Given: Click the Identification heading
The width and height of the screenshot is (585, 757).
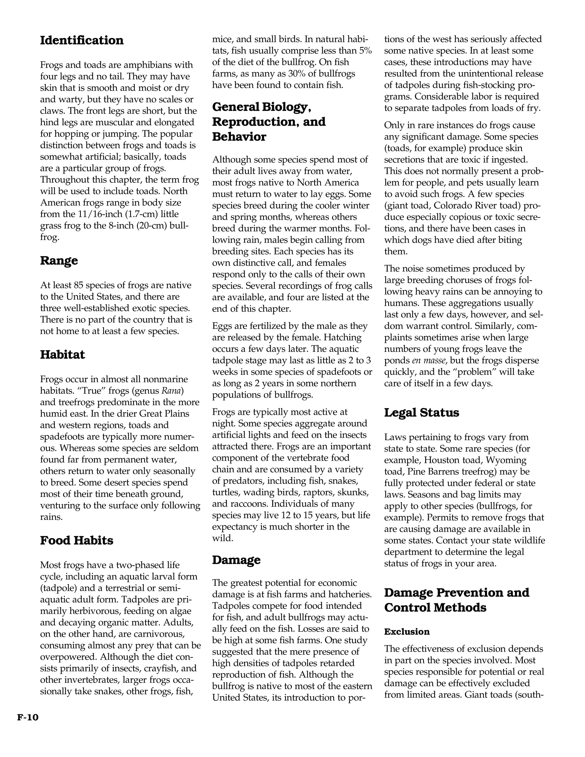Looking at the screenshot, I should [x=82, y=40].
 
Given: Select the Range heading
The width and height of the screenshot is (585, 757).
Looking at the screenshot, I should [x=59, y=260].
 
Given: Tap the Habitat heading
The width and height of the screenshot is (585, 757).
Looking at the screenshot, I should [x=62, y=355].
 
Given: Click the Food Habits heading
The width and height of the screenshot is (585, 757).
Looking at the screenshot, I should [x=77, y=540].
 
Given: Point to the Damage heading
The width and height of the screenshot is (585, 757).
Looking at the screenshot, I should [x=236, y=560].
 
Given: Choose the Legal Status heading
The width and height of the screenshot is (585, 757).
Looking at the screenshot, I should [x=421, y=412].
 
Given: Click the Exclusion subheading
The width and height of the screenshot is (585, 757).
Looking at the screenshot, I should [x=407, y=632].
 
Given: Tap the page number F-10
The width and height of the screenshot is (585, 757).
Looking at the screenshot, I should [x=28, y=717].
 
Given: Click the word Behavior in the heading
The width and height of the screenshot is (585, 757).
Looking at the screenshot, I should [x=239, y=137].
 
